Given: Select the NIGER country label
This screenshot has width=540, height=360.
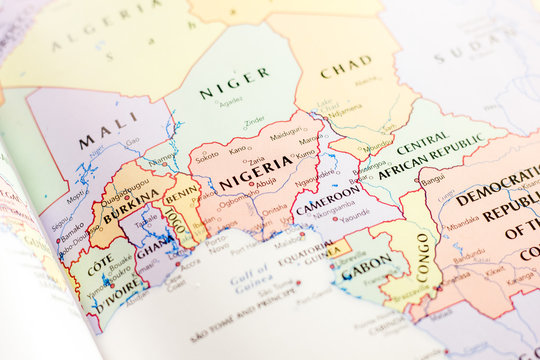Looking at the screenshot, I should click(234, 83).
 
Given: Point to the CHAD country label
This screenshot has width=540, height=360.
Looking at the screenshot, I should click(346, 67).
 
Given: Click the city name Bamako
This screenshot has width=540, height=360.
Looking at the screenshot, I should click(71, 229).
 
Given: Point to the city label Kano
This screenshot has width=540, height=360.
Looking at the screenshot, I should click(237, 150).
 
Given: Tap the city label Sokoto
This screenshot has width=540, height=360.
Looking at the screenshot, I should click(206, 157).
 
